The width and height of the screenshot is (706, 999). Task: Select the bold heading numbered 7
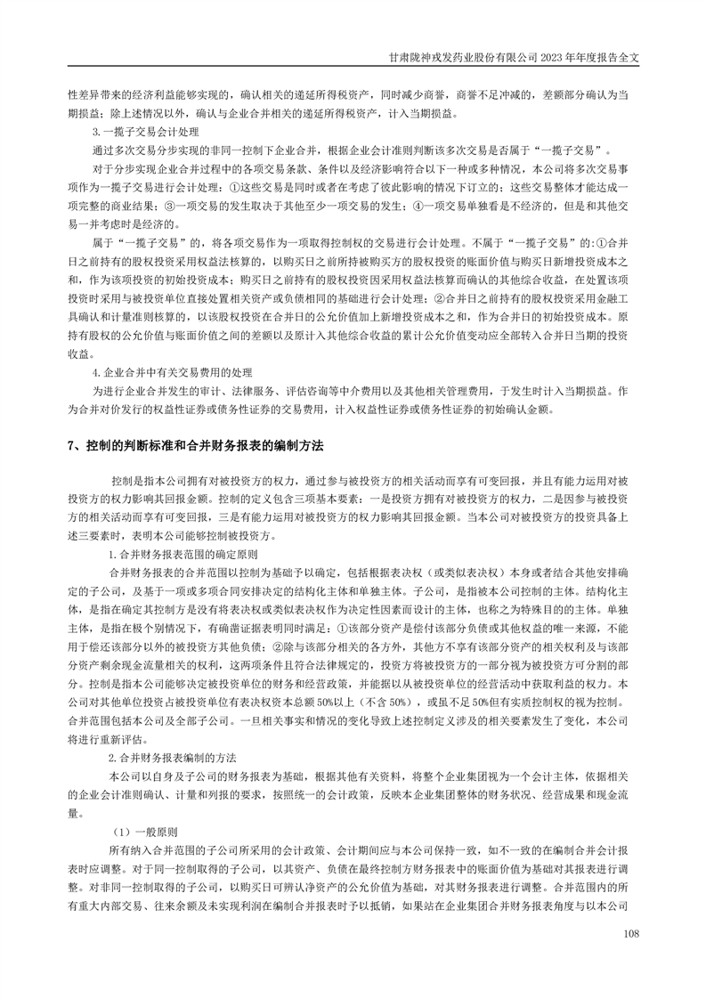(196, 443)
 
